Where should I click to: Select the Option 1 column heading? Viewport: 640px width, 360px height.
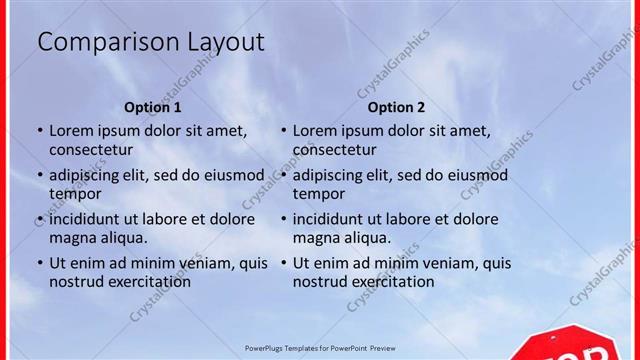[x=153, y=107]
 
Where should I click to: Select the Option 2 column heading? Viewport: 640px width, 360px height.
[x=396, y=107]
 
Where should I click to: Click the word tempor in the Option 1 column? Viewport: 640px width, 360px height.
[x=76, y=194]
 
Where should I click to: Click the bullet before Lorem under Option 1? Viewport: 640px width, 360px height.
[x=40, y=131]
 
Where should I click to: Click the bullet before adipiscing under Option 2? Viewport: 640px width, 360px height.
[x=283, y=176]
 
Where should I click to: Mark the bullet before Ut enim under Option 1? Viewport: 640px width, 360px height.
[x=40, y=264]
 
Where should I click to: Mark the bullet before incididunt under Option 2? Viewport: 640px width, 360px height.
[x=283, y=220]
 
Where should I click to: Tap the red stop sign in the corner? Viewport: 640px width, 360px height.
[x=575, y=346]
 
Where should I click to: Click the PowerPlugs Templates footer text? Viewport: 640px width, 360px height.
[x=320, y=348]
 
